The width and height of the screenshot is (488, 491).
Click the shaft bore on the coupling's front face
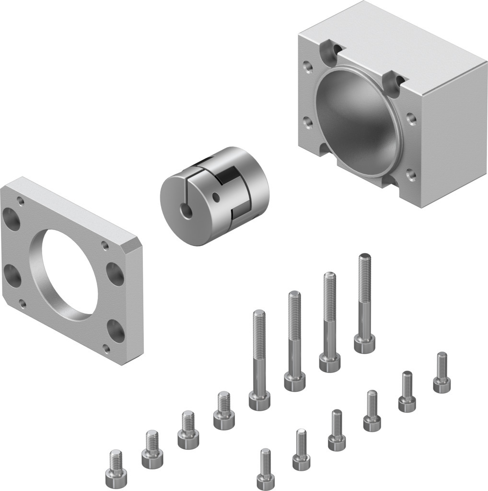pos(186,210)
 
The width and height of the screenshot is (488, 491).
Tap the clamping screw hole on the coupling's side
pos(218,197)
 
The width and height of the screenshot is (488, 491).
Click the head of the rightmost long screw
pos(364,343)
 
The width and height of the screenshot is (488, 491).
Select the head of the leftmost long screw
pos(259,400)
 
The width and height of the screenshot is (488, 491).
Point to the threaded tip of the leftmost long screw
pos(259,316)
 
